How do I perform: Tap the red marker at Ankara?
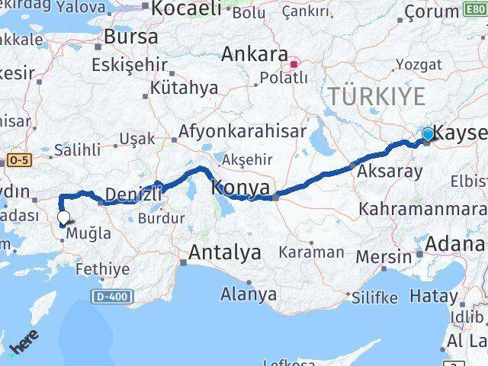(294, 54)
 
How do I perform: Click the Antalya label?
(225, 252)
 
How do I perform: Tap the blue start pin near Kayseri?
(428, 135)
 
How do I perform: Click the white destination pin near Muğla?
(63, 218)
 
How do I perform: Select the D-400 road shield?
(114, 295)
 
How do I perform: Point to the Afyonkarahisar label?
(242, 132)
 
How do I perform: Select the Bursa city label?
(130, 37)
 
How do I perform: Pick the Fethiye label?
(103, 269)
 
